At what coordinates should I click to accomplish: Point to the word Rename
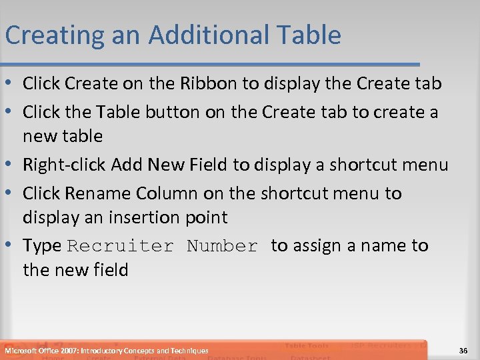(99, 193)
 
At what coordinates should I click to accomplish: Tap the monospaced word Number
(222, 246)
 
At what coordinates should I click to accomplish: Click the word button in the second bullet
(166, 112)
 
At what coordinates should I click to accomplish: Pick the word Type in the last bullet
(42, 246)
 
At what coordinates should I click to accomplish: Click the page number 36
(463, 351)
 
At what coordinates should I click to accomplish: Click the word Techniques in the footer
(189, 351)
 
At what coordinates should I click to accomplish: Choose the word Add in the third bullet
(126, 165)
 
